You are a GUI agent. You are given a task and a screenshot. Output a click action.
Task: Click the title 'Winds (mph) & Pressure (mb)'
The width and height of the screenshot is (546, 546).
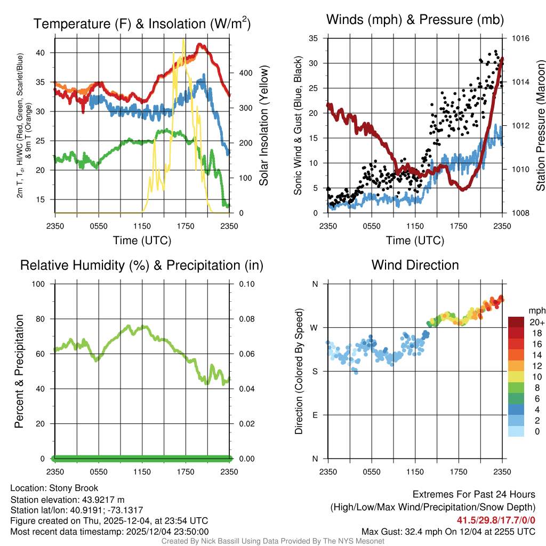415,20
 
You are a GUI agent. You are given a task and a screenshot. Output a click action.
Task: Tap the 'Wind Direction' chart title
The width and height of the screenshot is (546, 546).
415,265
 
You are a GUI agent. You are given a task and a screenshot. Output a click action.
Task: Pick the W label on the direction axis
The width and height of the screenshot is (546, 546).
315,327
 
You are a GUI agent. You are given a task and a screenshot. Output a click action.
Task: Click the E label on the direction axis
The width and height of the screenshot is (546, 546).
315,415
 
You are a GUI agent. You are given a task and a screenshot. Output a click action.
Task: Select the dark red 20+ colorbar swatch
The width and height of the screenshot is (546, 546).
516,322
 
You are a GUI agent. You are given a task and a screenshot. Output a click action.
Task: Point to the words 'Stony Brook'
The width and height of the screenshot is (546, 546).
74,488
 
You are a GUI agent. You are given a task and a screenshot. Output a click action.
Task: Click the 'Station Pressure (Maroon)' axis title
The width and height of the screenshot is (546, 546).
540,125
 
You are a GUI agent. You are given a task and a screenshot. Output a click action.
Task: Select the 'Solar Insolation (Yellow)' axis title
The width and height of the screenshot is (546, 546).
264,125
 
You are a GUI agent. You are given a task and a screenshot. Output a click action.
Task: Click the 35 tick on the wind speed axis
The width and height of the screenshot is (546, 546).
314,38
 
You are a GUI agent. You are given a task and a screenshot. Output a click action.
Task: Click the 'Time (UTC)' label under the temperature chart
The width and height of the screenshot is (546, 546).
142,240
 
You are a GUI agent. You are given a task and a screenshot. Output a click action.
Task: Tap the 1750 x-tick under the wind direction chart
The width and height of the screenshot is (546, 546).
459,471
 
